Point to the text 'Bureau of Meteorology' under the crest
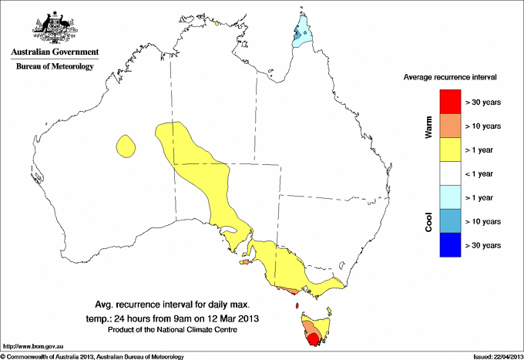pyautogui.click(x=55, y=67)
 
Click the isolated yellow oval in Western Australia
pyautogui.click(x=125, y=145)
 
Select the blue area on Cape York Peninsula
pyautogui.click(x=301, y=34)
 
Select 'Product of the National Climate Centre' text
pyautogui.click(x=170, y=330)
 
